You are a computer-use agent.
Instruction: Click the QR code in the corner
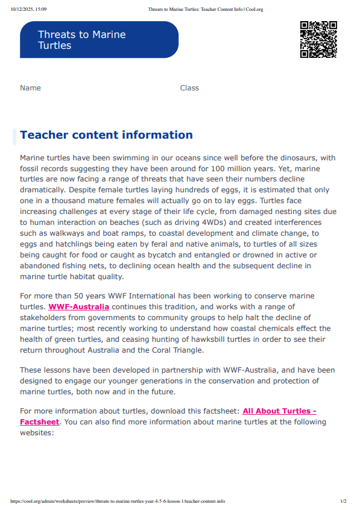pyautogui.click(x=318, y=39)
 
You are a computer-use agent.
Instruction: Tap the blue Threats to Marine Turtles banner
pyautogui.click(x=99, y=40)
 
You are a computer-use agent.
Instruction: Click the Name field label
pyautogui.click(x=31, y=88)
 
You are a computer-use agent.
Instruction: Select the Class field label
pyautogui.click(x=189, y=88)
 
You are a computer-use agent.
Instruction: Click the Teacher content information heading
pyautogui.click(x=106, y=135)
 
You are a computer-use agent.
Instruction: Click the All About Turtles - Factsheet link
pyautogui.click(x=279, y=411)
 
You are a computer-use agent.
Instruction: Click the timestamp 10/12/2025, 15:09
pyautogui.click(x=28, y=10)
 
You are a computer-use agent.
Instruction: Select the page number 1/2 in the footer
pyautogui.click(x=343, y=501)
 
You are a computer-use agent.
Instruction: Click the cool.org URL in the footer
pyautogui.click(x=118, y=501)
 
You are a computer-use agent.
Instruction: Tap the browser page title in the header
pyautogui.click(x=206, y=10)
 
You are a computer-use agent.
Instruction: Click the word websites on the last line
pyautogui.click(x=37, y=433)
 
